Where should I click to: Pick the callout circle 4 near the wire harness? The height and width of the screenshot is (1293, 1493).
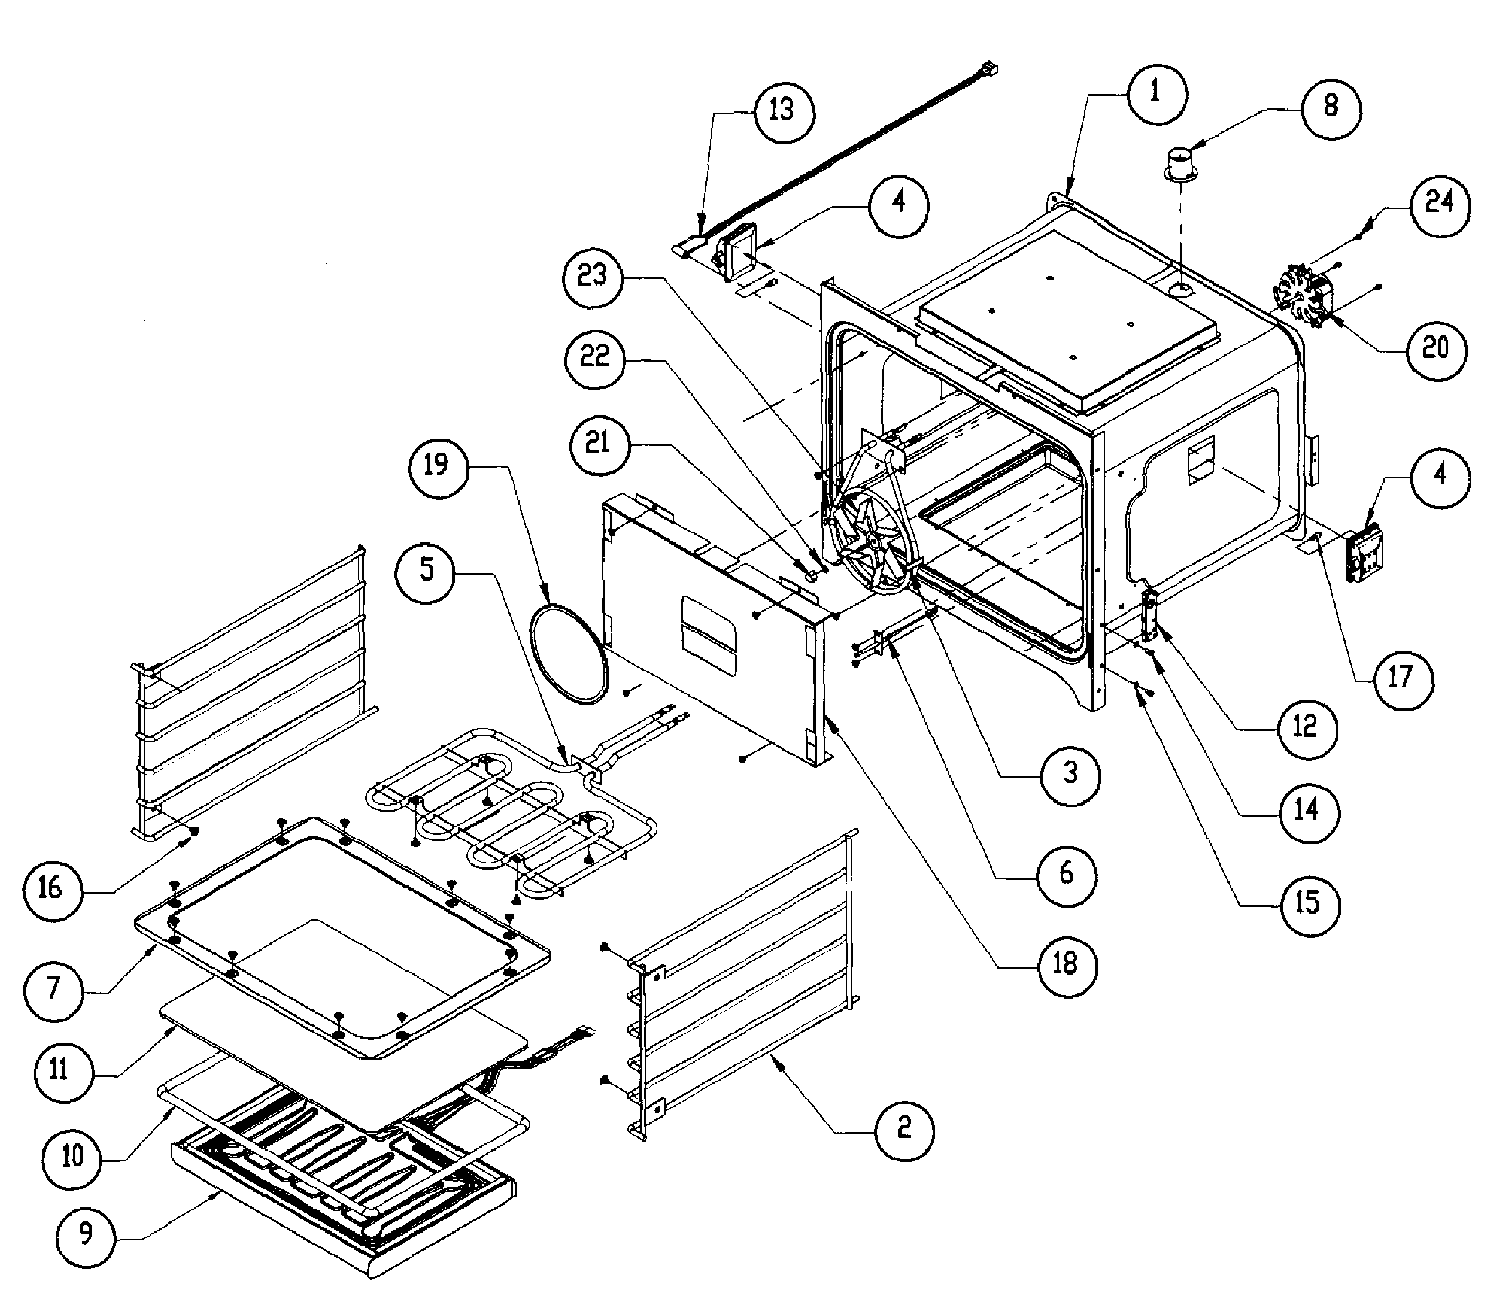(x=898, y=205)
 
